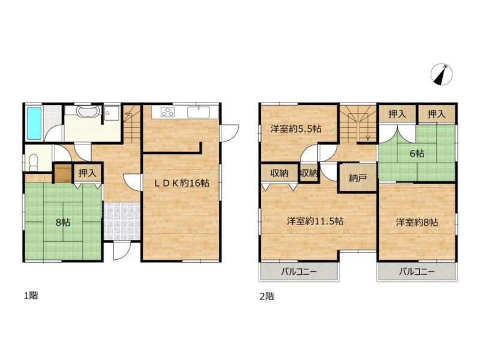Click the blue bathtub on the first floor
pyautogui.click(x=34, y=123)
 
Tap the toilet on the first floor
pyautogui.click(x=33, y=162)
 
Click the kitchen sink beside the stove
pyautogui.click(x=199, y=112)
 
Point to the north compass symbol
pyautogui.click(x=442, y=74)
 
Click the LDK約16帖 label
pyautogui.click(x=182, y=184)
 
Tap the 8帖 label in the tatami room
pyautogui.click(x=63, y=222)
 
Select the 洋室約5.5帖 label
pyautogui.click(x=296, y=129)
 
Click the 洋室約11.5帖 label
pyautogui.click(x=315, y=221)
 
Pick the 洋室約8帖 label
pyautogui.click(x=416, y=222)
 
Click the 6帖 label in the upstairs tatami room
pyautogui.click(x=417, y=153)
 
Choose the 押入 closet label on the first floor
pyautogui.click(x=88, y=173)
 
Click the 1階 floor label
pyautogui.click(x=31, y=296)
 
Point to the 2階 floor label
pyautogui.click(x=266, y=296)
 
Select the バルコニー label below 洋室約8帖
pyautogui.click(x=416, y=272)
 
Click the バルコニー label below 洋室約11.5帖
pyautogui.click(x=299, y=272)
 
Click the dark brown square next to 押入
pyautogui.click(x=63, y=173)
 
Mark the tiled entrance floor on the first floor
pyautogui.click(x=122, y=221)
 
